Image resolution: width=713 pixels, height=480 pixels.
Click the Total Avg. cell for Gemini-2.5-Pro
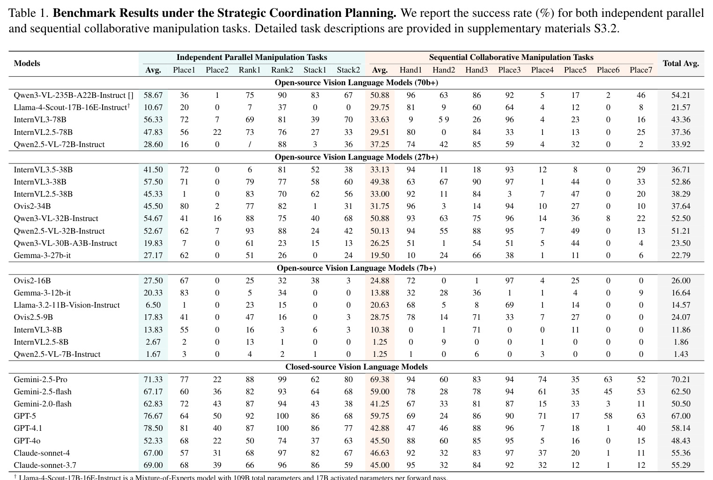[681, 379]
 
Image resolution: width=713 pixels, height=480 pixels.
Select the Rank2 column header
[282, 70]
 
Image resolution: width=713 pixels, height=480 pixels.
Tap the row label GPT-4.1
[28, 428]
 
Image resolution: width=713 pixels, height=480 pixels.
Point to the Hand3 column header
[476, 70]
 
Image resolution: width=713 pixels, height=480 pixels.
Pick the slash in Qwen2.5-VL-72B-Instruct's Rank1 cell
[250, 144]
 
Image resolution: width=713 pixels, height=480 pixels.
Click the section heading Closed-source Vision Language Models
[356, 367]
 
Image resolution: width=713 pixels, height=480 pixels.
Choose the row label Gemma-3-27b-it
[42, 255]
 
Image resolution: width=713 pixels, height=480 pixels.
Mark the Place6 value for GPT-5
[608, 416]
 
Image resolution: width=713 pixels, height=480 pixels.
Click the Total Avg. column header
[681, 64]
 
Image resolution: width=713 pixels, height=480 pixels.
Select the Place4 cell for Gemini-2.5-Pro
[542, 379]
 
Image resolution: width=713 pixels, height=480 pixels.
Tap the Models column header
[27, 64]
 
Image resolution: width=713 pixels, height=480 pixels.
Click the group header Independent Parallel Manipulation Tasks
[252, 57]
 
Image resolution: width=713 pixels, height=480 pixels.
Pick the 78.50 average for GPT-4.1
[153, 428]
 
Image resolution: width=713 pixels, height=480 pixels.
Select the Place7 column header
[641, 70]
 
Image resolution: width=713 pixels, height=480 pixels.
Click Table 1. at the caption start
[29, 14]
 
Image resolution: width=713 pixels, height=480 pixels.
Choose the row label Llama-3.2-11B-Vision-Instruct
[67, 305]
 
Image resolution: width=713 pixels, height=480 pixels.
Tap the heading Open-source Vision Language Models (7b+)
[356, 268]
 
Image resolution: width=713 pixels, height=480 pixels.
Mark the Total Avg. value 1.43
[681, 354]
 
